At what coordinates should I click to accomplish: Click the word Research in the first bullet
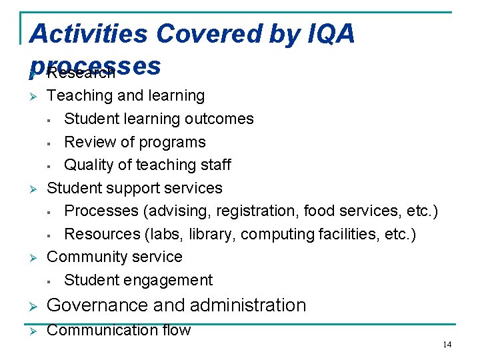[81, 72]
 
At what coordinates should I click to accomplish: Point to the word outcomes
[221, 119]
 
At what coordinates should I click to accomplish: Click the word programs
[174, 142]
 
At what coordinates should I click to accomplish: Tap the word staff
[214, 165]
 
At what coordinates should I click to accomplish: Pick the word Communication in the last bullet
[99, 330]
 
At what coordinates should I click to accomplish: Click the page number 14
[447, 344]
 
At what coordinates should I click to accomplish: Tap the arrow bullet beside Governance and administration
[33, 306]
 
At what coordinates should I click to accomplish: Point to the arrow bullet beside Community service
[33, 257]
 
